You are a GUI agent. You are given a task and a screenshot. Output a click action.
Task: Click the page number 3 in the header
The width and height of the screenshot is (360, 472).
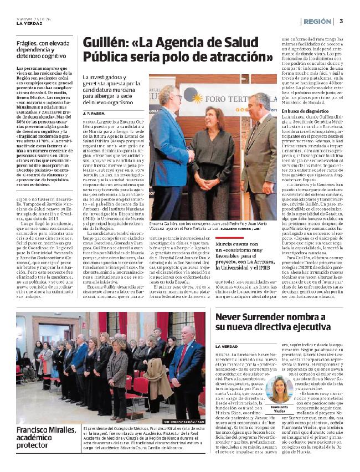click(x=342, y=21)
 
